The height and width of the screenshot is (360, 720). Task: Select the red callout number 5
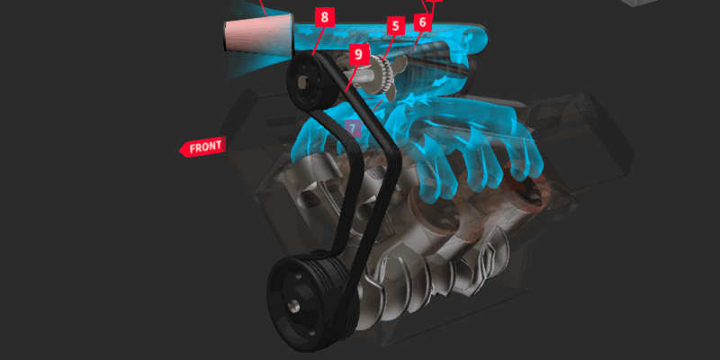coord(394,26)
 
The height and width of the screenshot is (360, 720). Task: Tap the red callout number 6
coord(423,21)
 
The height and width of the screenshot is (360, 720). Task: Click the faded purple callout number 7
coord(353,129)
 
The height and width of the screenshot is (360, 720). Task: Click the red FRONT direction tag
coord(202,147)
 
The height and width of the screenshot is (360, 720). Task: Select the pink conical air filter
coord(259,34)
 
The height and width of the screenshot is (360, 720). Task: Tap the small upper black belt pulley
coord(308,84)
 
